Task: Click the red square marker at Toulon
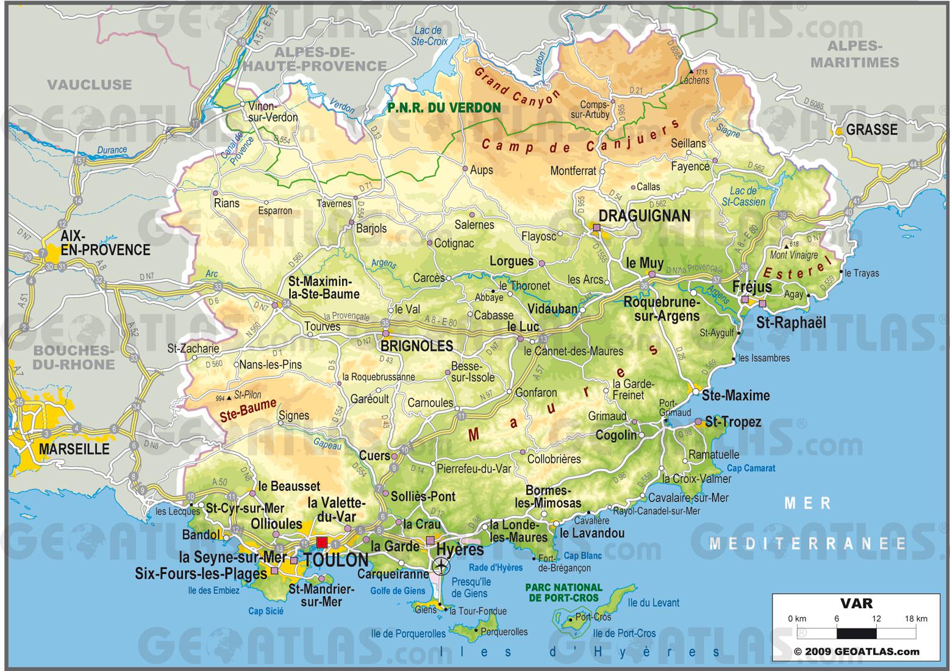[x=321, y=542]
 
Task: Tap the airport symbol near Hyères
[x=441, y=567]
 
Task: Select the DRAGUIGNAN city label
[x=644, y=215]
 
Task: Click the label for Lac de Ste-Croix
[x=429, y=36]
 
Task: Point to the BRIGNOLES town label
[x=417, y=346]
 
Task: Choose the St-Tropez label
[x=733, y=422]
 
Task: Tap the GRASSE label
[x=872, y=129]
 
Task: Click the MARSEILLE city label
[x=74, y=449]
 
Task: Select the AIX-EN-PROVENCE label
[x=105, y=242]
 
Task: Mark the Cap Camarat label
[x=751, y=468]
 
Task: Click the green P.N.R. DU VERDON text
[x=444, y=108]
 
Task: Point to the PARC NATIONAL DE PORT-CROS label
[x=563, y=592]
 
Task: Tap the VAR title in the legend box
[x=856, y=604]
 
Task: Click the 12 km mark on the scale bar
[x=876, y=618]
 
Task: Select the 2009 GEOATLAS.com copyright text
[x=856, y=651]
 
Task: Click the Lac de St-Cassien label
[x=743, y=196]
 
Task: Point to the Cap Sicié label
[x=265, y=611]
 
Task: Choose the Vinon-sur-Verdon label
[x=273, y=112]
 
